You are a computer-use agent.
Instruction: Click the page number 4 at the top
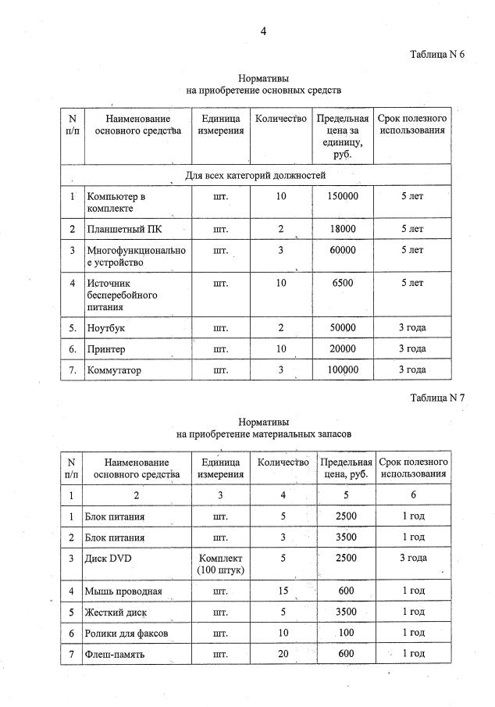tap(263, 31)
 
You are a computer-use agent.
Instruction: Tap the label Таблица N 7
tap(436, 398)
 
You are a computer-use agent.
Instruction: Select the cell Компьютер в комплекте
tap(117, 202)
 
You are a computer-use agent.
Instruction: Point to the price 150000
tap(343, 196)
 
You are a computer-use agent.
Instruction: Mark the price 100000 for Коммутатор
tap(343, 370)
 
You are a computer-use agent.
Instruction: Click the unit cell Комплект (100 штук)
tap(221, 564)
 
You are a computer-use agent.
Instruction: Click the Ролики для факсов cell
tap(129, 632)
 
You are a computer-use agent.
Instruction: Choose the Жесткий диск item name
tap(118, 612)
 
